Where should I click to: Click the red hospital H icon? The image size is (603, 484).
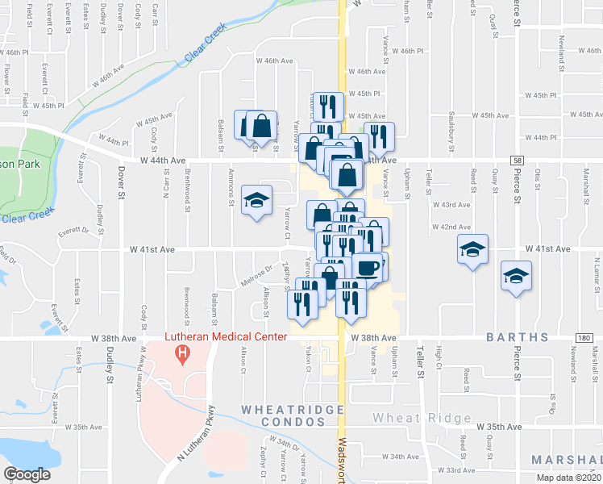tap(183, 353)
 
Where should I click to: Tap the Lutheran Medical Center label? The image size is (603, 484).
tap(225, 336)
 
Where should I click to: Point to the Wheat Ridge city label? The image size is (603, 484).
tap(422, 418)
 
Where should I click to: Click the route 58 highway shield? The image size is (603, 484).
tap(517, 161)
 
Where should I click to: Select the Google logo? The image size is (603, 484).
tap(27, 474)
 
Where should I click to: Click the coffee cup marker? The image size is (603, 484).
tap(368, 268)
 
